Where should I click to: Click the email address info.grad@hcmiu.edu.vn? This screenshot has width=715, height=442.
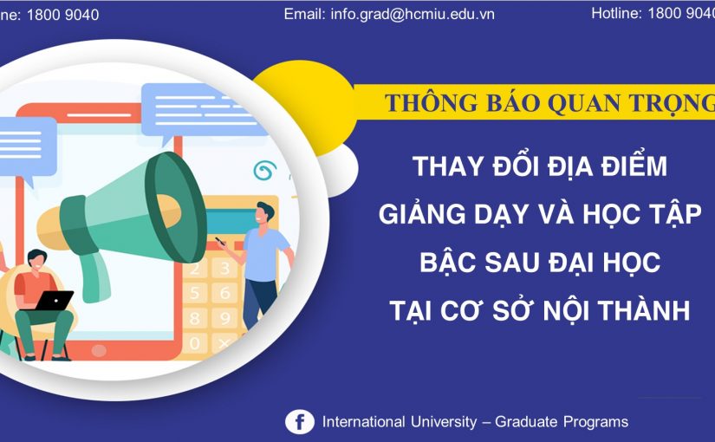389,15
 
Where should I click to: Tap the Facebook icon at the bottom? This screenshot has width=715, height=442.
300,422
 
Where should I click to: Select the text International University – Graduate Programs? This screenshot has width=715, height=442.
475,422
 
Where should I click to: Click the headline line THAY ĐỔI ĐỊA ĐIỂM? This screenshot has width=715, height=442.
540,165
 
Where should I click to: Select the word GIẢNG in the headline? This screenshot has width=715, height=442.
417,214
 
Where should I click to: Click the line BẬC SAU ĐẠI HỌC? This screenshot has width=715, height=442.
540,262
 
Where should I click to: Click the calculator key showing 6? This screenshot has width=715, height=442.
224,293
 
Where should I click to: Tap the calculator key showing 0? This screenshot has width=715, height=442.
195,343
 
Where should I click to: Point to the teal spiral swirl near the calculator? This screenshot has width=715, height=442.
263,169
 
